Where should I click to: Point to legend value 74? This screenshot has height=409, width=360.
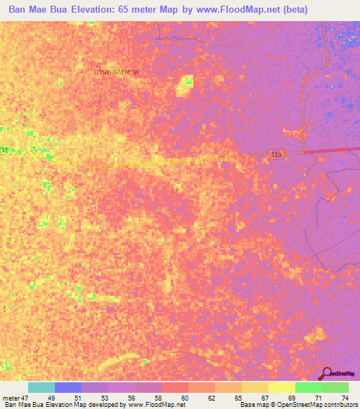coord(345,397)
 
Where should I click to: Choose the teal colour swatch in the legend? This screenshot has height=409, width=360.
coord(41,387)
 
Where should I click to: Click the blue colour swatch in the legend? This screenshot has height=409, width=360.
coord(68,387)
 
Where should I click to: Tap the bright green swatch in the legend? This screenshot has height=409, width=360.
coord(308,387)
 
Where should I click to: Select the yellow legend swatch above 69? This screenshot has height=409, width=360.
coord(281,387)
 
